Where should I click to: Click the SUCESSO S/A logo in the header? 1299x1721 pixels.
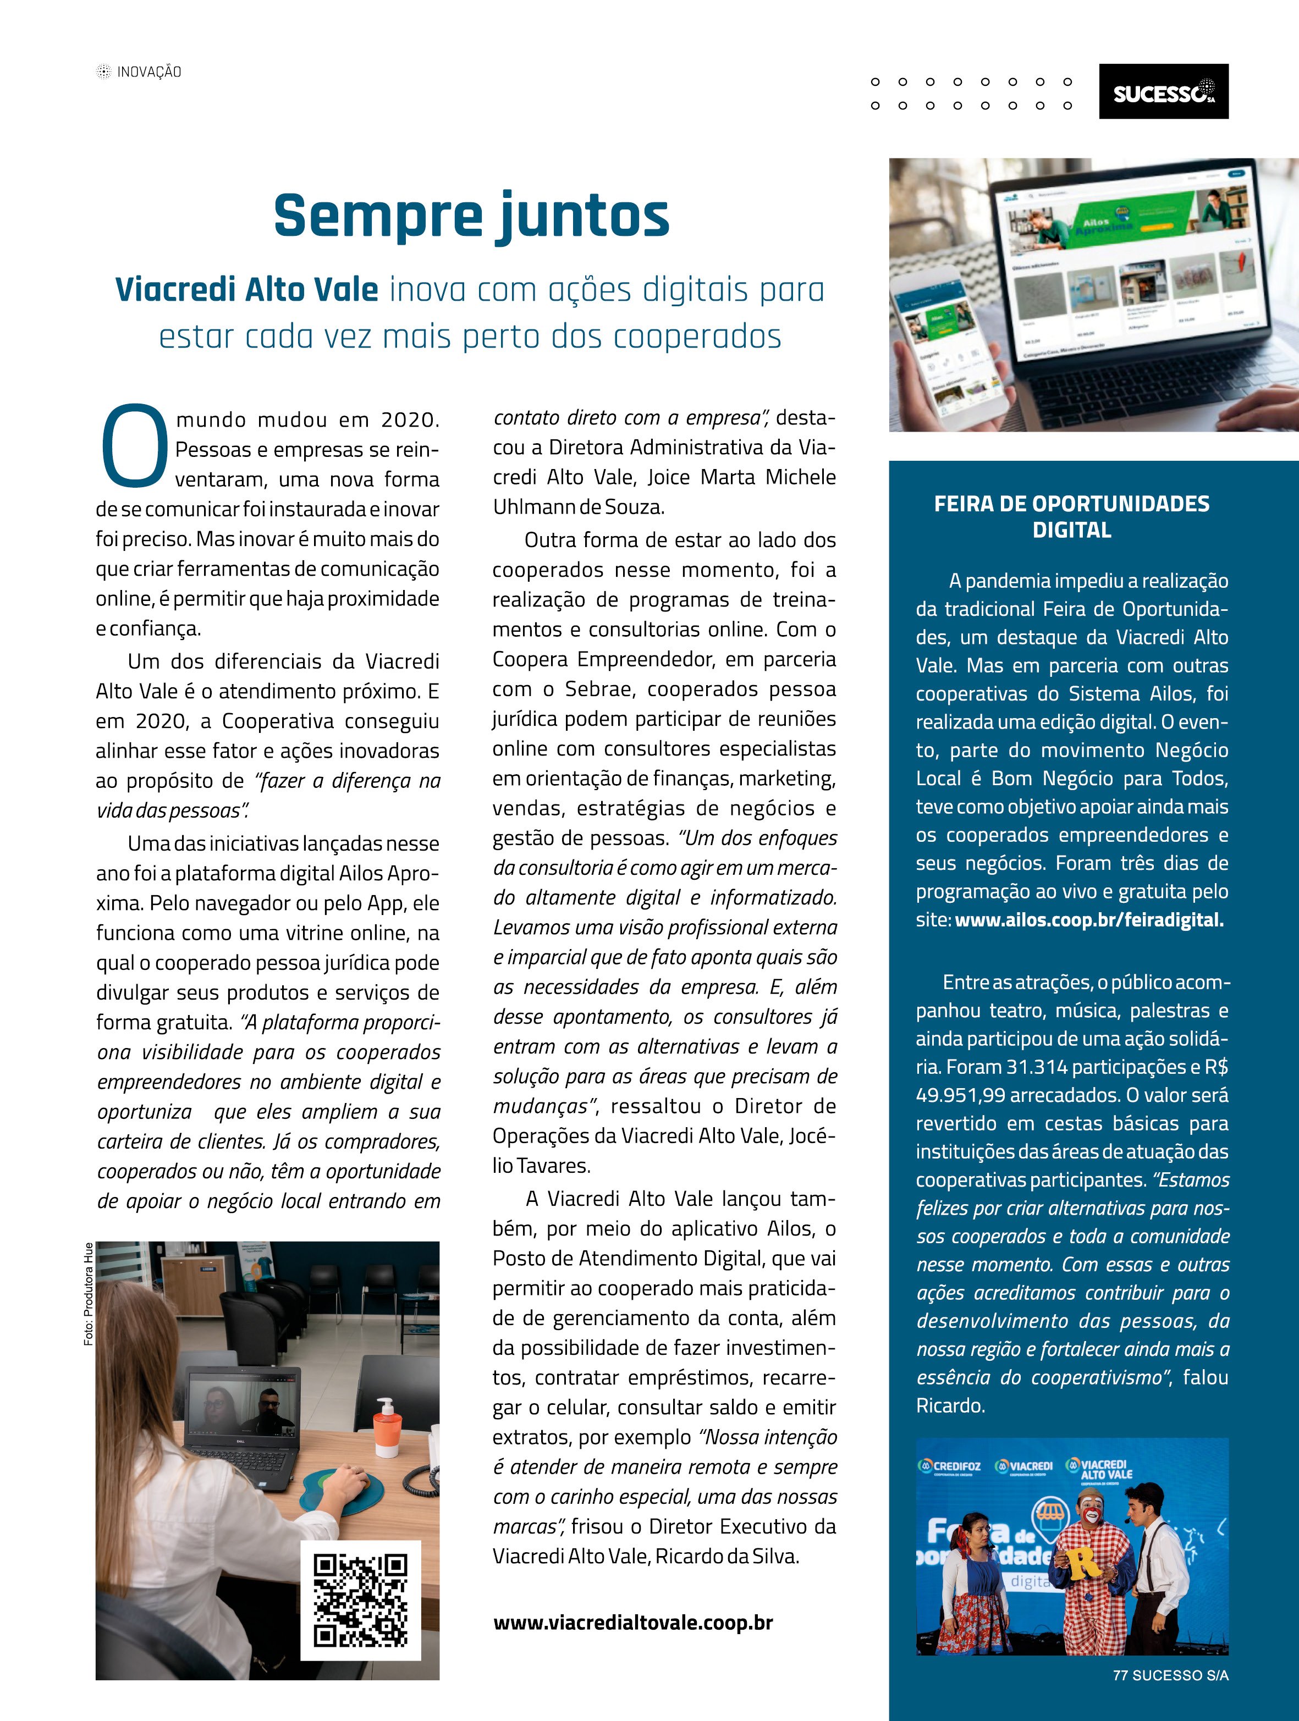point(1163,92)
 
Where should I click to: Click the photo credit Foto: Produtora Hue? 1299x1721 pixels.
point(89,1293)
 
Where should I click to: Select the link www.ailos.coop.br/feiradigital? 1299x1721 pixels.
point(1089,920)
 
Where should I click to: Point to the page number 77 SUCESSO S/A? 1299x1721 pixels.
point(1170,1675)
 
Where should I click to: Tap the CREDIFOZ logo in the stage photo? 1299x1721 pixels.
point(950,1466)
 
